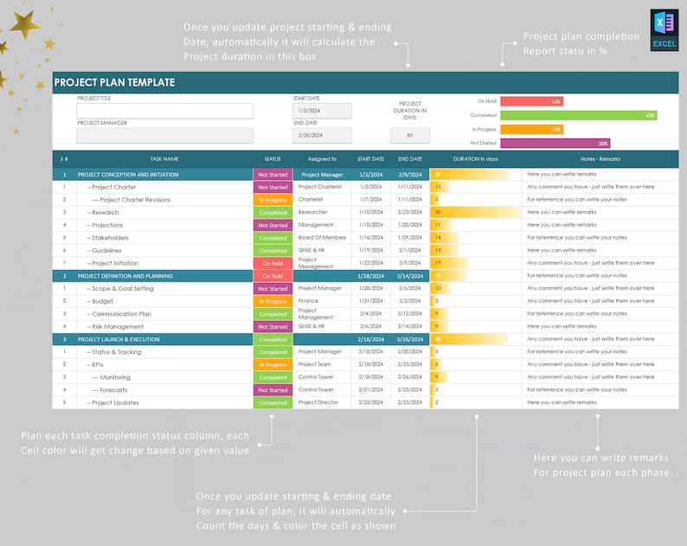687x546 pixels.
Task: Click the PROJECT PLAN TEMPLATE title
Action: tap(114, 83)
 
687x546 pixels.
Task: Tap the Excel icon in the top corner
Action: tap(664, 31)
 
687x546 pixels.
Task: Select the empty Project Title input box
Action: tap(164, 111)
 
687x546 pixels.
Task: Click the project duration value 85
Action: tap(410, 135)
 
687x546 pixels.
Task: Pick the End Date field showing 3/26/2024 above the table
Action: tap(322, 135)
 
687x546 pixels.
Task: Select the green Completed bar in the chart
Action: tap(578, 115)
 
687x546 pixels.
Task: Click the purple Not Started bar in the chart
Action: tap(555, 143)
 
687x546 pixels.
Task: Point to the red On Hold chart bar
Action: tap(531, 101)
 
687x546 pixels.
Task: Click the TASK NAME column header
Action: tap(164, 159)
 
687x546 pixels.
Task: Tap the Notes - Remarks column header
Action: tap(600, 159)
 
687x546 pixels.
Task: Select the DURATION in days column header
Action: tap(476, 159)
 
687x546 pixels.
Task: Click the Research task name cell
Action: tap(106, 212)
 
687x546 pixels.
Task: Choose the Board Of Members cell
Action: tap(322, 238)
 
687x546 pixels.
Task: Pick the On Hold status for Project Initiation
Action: tap(273, 263)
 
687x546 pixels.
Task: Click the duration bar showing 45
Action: tap(453, 212)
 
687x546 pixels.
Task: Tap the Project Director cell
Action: tap(318, 402)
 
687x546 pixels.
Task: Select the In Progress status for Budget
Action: tap(273, 301)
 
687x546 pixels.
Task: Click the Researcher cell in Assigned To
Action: tap(312, 212)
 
